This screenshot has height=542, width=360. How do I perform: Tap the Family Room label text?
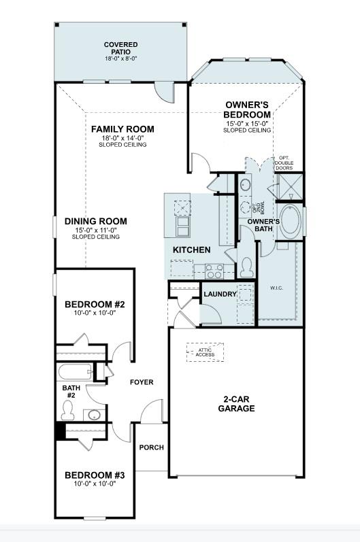click(122, 129)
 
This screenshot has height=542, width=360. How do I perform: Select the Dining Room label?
click(96, 222)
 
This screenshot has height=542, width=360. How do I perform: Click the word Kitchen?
click(191, 250)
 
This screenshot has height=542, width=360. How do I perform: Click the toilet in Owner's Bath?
click(248, 264)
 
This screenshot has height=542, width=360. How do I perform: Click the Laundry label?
click(220, 294)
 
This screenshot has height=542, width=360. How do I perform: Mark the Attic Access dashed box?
click(204, 351)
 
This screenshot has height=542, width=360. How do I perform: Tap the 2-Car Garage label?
click(236, 404)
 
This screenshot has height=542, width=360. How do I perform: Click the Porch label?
click(151, 447)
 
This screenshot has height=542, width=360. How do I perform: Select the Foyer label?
click(142, 382)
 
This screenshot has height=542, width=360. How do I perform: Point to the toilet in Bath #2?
click(68, 409)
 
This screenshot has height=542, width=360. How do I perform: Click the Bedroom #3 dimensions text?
click(95, 484)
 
